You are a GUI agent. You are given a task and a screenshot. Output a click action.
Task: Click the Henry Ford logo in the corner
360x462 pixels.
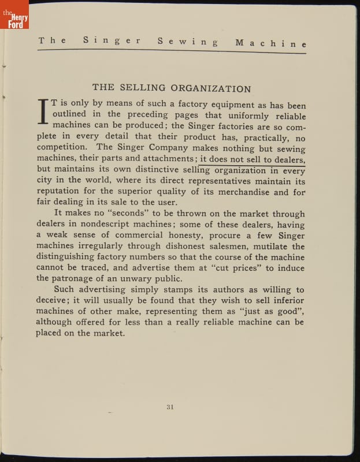(x=14, y=18)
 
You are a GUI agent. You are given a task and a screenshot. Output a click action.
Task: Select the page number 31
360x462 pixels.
(x=170, y=407)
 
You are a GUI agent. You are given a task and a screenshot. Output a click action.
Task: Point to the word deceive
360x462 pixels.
(x=53, y=301)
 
